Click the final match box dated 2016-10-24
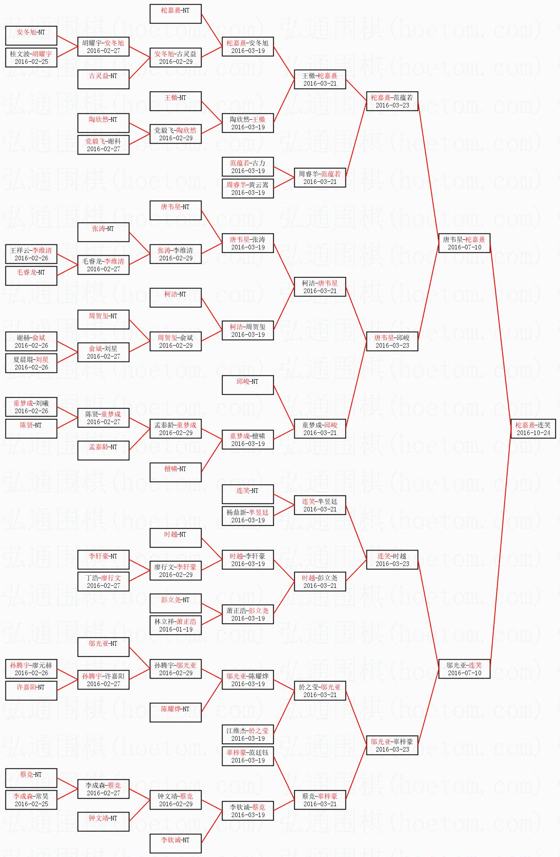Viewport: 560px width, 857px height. pos(533,429)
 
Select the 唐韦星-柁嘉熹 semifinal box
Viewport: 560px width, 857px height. pos(464,243)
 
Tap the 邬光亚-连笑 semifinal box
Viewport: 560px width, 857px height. pos(464,669)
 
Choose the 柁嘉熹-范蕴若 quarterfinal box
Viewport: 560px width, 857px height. pos(392,101)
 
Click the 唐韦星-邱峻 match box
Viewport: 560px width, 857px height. pos(392,341)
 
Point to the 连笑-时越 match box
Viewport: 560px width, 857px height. pos(392,560)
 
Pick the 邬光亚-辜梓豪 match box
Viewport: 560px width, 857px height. pos(392,745)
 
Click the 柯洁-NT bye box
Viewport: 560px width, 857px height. pos(175,298)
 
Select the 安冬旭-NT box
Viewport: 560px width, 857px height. pos(31,36)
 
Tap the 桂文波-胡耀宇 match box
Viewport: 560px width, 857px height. pos(31,58)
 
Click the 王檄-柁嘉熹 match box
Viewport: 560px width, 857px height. pos(320,79)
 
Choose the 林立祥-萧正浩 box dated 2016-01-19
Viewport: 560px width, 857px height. pos(175,625)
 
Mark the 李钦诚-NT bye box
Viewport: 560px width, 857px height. pos(175,844)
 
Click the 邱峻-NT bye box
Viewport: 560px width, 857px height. pos(248,385)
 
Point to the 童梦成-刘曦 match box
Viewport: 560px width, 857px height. pos(31,407)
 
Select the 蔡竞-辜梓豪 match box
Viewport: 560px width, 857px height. pos(320,800)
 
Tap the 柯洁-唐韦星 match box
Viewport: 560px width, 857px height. pos(320,287)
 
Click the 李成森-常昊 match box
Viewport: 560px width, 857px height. pos(31,800)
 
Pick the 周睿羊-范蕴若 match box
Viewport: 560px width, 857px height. pos(320,178)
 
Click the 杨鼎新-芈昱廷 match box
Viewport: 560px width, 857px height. pos(248,516)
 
